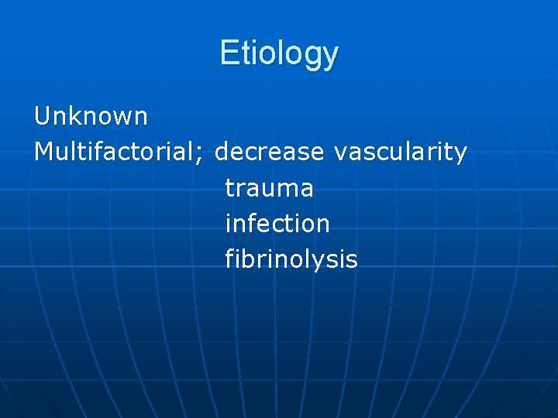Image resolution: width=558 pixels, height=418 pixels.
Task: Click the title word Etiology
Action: (279, 53)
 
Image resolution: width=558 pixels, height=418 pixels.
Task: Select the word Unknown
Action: (91, 117)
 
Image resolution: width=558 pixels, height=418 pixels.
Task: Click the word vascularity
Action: (400, 152)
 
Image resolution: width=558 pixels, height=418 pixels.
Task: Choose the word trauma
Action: (269, 188)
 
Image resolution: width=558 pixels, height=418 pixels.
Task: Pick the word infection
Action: (277, 224)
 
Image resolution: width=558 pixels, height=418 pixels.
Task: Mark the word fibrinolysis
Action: (291, 259)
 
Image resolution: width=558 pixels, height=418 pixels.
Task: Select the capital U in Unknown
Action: (42, 117)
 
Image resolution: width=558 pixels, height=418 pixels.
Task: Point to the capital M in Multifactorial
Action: (43, 152)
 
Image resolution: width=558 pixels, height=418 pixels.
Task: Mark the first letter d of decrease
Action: (222, 152)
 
